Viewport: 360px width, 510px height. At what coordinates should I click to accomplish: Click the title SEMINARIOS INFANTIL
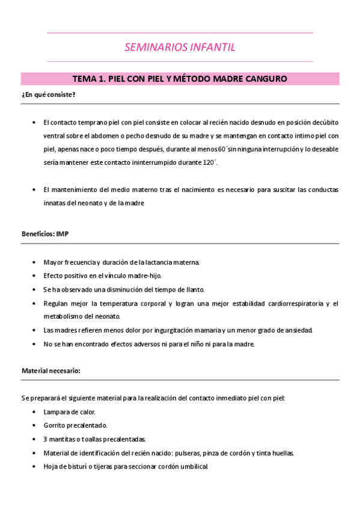180,47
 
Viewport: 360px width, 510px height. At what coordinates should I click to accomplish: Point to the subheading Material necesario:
50,371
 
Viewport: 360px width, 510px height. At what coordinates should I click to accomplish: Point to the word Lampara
56,413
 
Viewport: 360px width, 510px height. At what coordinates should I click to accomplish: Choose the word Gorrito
55,426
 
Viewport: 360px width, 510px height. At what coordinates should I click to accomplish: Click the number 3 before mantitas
45,440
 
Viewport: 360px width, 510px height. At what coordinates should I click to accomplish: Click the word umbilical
193,467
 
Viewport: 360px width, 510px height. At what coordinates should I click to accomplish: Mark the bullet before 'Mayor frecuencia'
34,262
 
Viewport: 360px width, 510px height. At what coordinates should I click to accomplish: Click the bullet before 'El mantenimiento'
34,190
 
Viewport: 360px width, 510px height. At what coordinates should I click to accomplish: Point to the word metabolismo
65,316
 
